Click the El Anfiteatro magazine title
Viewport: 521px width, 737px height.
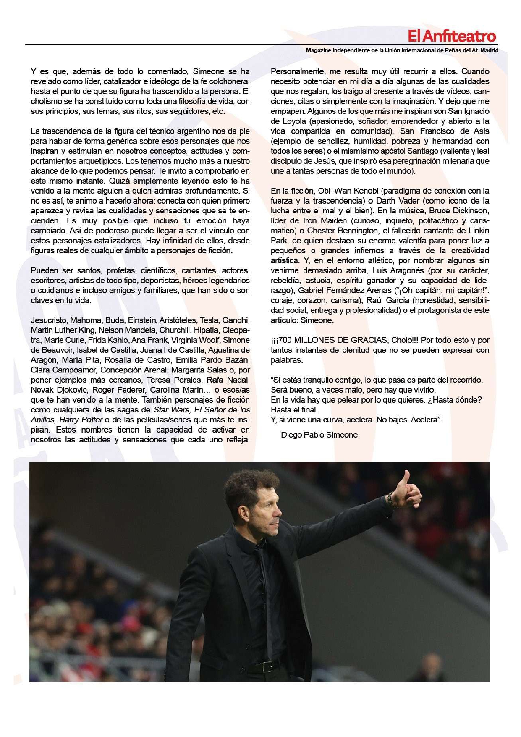click(452, 37)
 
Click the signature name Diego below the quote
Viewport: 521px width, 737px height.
click(292, 435)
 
